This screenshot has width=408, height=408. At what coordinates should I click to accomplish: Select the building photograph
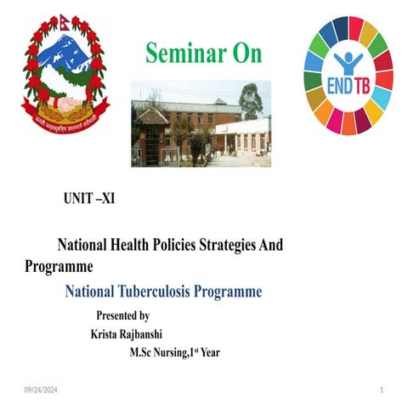[201, 123]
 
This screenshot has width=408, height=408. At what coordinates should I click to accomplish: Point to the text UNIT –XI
[89, 201]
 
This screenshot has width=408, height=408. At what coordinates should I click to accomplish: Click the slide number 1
[382, 389]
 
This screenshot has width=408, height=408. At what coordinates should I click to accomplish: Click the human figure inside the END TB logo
[348, 63]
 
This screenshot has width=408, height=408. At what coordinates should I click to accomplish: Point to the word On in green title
[245, 54]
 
